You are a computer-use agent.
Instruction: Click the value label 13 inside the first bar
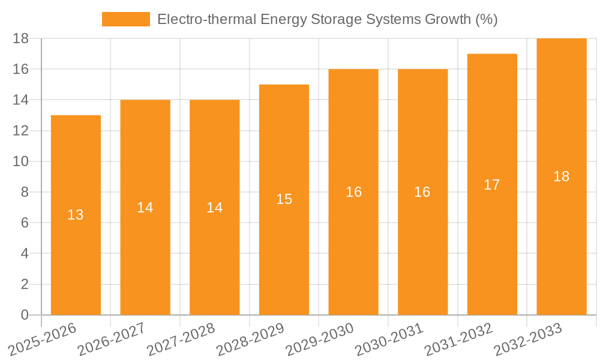pos(76,215)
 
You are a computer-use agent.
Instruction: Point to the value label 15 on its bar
pos(284,199)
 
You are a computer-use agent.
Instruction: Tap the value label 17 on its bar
pos(492,185)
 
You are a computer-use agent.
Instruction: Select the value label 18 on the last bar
pos(562,176)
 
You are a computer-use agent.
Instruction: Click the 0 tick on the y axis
pos(25,315)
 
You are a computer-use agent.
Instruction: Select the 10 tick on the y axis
pos(21,161)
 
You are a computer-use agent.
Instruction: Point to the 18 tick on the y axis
pos(21,38)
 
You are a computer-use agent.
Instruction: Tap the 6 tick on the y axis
pos(25,223)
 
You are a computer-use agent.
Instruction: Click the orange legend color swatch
pos(126,19)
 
